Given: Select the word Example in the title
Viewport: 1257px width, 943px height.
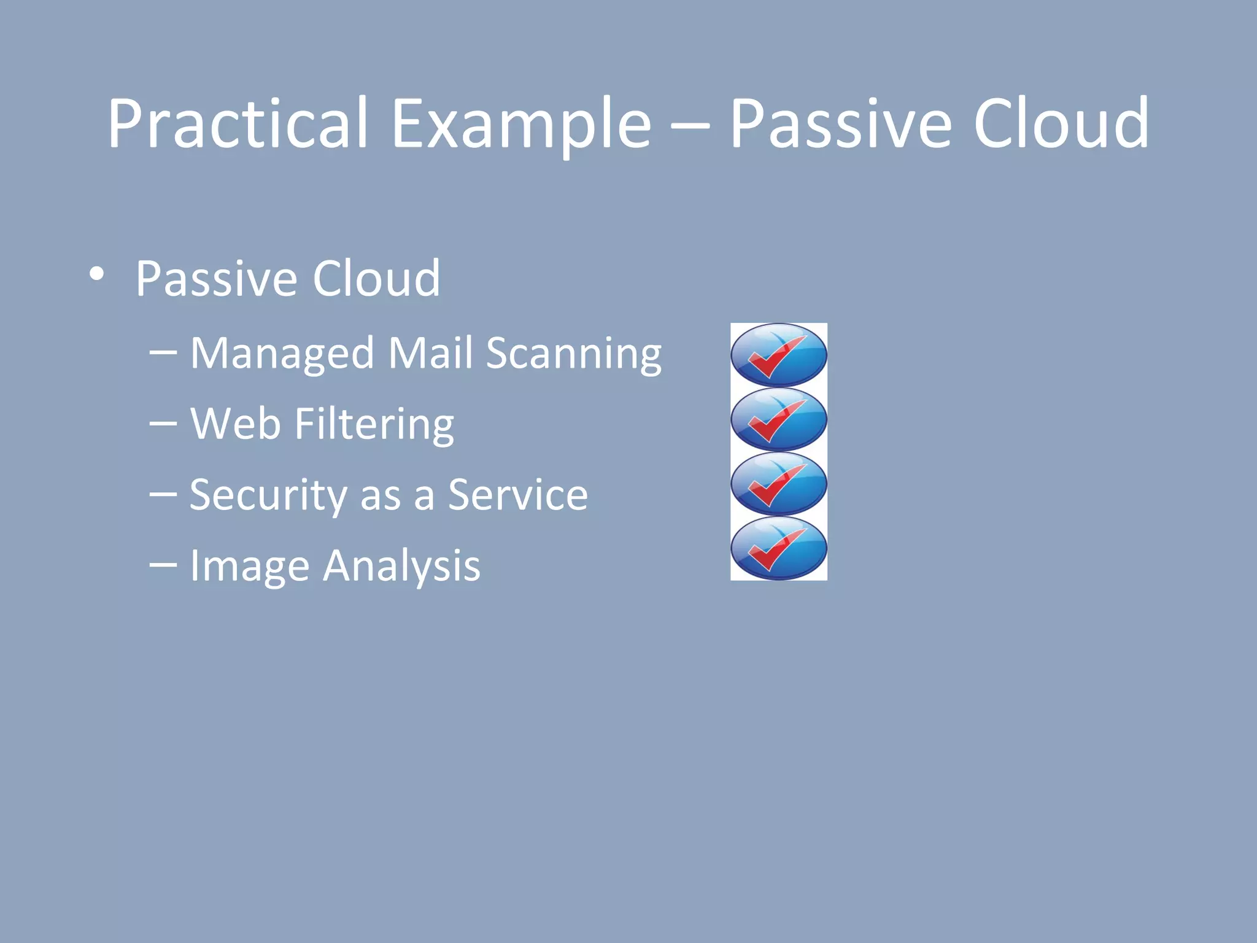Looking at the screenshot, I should click(x=521, y=124).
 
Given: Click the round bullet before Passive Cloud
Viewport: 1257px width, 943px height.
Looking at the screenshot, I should click(x=96, y=274).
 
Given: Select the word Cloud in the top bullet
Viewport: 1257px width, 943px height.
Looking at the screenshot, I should click(x=376, y=279).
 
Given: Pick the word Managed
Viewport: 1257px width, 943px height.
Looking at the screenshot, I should click(x=282, y=354).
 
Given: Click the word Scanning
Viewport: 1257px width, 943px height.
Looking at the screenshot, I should click(x=574, y=354).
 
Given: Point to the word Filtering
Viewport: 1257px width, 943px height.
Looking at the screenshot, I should click(x=374, y=425).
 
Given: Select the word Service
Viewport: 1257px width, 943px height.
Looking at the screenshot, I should click(x=517, y=495).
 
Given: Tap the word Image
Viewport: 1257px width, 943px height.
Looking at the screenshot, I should click(x=249, y=567).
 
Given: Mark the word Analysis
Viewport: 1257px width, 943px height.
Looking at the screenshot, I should click(x=401, y=565).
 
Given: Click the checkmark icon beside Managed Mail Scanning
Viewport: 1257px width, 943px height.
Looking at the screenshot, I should click(x=778, y=355).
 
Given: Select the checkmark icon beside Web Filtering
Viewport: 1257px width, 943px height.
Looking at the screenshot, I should click(x=778, y=419).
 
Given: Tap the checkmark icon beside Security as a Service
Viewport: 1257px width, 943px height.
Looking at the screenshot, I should click(x=778, y=484).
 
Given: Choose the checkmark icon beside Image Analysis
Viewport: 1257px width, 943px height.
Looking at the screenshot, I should click(x=778, y=548).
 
